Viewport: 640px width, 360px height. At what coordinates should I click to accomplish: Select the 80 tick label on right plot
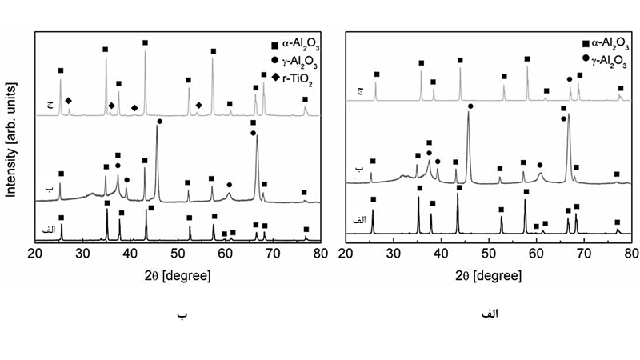tap(631, 254)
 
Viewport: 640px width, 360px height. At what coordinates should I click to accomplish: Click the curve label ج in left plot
tap(50, 104)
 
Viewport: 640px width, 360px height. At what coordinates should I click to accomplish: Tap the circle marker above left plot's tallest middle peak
tap(160, 121)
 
